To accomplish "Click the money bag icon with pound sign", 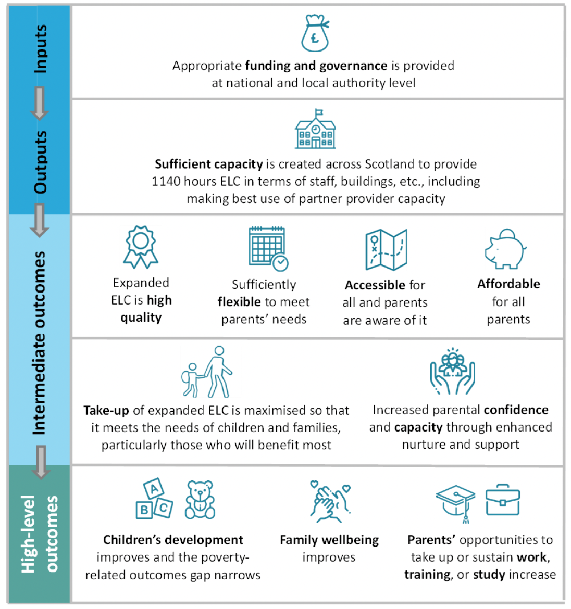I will [315, 33].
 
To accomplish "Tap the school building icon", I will [315, 130].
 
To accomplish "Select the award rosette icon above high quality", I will [141, 247].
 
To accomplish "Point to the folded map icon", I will [386, 250].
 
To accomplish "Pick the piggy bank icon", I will [505, 249].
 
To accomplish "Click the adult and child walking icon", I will [207, 373].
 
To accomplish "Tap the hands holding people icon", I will [453, 371].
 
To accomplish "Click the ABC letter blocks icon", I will [154, 499].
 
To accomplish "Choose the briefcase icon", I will [502, 500].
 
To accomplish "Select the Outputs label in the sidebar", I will [41, 162].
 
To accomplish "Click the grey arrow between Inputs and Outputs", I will [40, 103].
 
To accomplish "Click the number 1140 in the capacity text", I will [165, 182].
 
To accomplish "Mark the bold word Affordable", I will [508, 284].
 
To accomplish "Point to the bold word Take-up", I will [106, 411].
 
